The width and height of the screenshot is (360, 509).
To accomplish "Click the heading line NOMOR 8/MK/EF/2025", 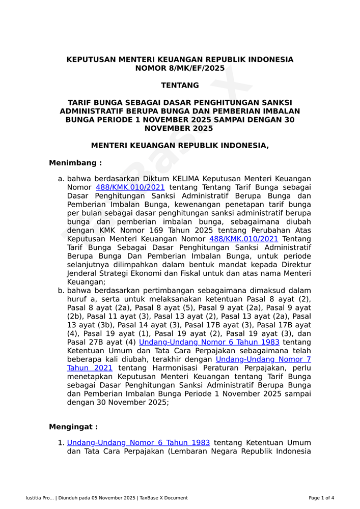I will [x=180, y=68].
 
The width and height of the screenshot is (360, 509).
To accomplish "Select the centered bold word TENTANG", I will [x=180, y=86].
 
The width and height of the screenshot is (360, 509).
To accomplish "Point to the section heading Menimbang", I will [x=75, y=163].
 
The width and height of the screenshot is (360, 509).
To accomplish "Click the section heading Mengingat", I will [x=73, y=427].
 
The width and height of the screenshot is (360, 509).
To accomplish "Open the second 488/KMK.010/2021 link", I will [x=243, y=239].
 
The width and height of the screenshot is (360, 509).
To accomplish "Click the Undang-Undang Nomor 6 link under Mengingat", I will [x=139, y=443].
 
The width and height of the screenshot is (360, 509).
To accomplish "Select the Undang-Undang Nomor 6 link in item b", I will [x=209, y=342].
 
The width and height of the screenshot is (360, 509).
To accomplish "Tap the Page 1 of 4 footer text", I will [x=321, y=498].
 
